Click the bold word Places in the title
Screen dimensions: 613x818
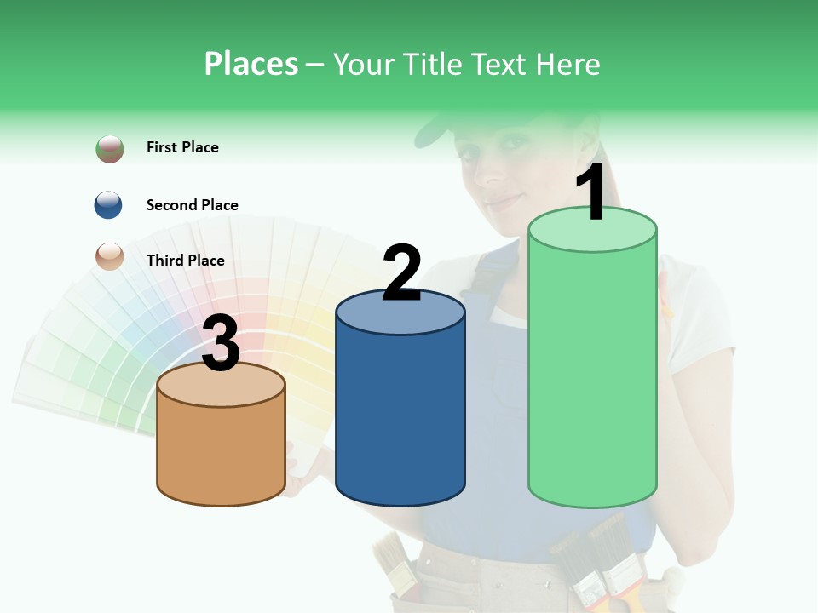(251, 64)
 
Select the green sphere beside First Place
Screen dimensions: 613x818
(110, 148)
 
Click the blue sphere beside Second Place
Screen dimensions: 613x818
(108, 204)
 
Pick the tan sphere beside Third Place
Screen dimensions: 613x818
(110, 256)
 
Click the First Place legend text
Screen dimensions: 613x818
(182, 147)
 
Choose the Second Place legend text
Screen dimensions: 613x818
(192, 205)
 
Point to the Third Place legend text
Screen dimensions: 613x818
(185, 261)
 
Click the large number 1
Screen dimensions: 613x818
(591, 192)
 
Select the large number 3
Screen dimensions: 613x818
(221, 344)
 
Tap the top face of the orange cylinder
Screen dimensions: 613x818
(222, 385)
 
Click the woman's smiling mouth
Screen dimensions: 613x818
(503, 202)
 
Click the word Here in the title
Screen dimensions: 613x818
(570, 64)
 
